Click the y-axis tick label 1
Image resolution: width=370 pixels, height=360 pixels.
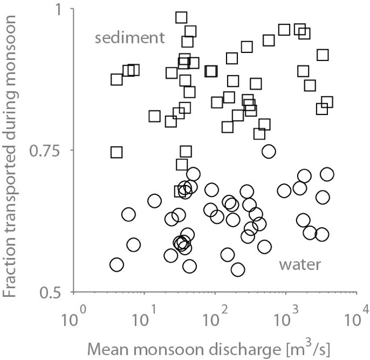point(61,10)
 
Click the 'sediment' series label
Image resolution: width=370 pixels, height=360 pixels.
point(130,38)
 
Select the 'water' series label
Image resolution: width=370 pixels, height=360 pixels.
point(301,264)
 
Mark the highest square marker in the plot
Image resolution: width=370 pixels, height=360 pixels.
point(182,18)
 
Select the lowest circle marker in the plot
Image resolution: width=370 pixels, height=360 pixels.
point(238,269)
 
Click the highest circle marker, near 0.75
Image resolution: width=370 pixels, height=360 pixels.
point(269,152)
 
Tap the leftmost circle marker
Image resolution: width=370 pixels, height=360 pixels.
point(117,265)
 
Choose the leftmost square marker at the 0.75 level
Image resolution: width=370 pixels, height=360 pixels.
point(117,152)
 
